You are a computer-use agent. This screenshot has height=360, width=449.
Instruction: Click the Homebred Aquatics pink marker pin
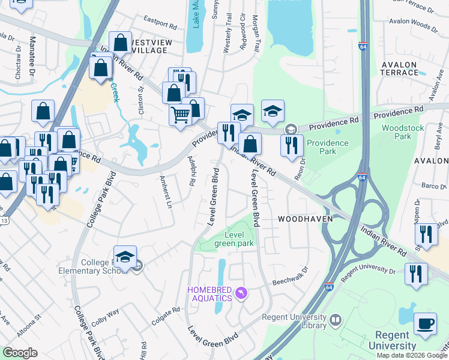(241, 293)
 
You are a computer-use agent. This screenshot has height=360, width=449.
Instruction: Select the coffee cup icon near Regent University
(426, 323)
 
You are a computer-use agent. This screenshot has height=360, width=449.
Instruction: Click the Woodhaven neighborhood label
(305, 220)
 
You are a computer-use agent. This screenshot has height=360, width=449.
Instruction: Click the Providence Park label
(327, 147)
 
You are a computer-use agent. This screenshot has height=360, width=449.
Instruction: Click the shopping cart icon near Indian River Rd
(180, 114)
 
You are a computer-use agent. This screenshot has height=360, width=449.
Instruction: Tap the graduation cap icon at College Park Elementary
(125, 256)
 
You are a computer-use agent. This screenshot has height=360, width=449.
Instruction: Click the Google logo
(20, 353)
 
